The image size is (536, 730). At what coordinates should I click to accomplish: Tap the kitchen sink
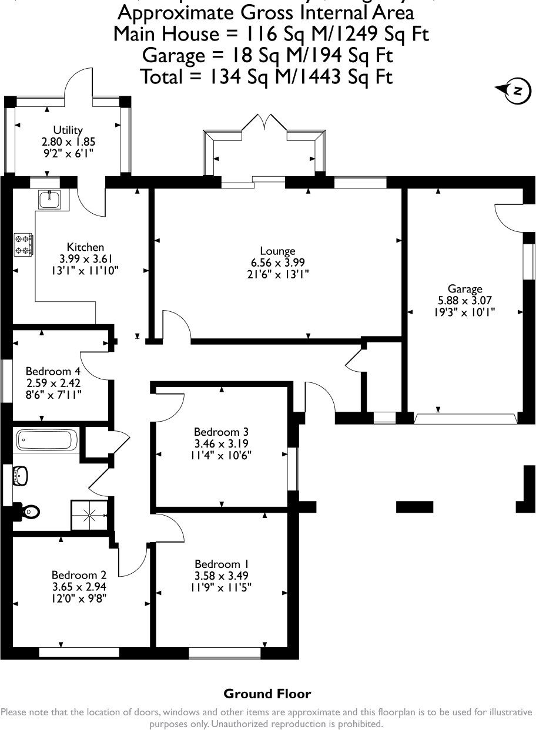[x=49, y=200]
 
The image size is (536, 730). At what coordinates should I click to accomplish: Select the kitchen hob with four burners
[x=24, y=245]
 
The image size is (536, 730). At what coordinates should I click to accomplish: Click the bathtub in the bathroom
[x=46, y=439]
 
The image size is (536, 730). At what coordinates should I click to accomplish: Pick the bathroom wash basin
[x=21, y=476]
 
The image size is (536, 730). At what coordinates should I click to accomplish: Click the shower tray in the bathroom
[x=90, y=515]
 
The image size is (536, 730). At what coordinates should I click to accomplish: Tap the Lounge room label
[x=278, y=251]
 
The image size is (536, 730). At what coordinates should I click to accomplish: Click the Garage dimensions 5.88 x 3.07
[x=465, y=301]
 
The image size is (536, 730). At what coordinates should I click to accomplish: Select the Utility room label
[x=68, y=130]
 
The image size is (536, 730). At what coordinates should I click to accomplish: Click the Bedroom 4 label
[x=53, y=371]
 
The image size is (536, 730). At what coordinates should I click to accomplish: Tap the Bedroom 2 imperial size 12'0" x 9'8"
[x=79, y=598]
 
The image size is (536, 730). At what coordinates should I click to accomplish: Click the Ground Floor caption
[x=267, y=694]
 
